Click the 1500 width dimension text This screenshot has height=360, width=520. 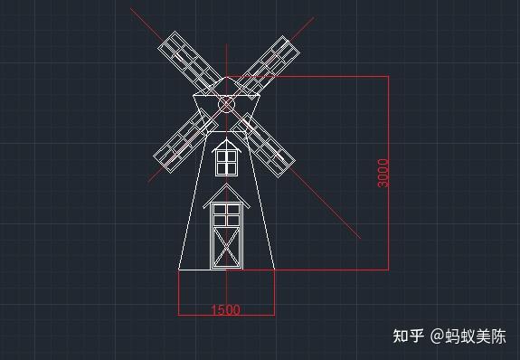tap(225, 310)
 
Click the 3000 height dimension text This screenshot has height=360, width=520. tap(383, 172)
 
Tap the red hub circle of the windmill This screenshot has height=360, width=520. tap(227, 105)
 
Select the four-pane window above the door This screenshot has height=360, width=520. tap(226, 214)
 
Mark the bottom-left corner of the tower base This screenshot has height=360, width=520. tap(179, 269)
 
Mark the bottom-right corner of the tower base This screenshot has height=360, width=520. tap(275, 269)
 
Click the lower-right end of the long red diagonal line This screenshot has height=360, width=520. tap(360, 238)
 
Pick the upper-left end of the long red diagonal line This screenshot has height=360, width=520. tap(131, 9)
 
